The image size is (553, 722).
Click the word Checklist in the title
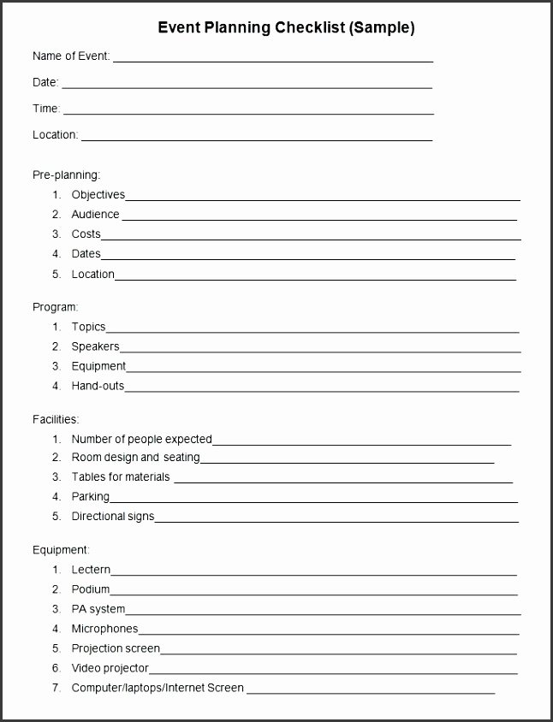tap(309, 28)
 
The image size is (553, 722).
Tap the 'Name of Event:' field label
tap(71, 56)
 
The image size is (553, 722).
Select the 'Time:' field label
tap(46, 109)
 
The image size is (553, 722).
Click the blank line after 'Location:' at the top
tap(257, 139)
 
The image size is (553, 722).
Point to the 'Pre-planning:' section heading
tap(66, 175)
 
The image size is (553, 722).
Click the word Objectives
tap(98, 195)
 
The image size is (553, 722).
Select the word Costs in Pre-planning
tap(86, 234)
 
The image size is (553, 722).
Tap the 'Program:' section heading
tap(55, 306)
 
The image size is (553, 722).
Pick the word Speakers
tap(95, 346)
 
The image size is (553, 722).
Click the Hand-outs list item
tap(98, 386)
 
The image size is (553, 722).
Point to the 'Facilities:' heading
tap(56, 419)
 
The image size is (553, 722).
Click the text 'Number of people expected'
tap(141, 440)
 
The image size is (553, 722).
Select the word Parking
tap(91, 496)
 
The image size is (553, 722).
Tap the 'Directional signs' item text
tap(112, 517)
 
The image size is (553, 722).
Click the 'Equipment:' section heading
tap(61, 550)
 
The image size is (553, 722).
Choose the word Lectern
tap(91, 570)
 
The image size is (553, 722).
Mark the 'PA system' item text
tap(98, 609)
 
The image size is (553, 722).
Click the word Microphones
tap(104, 629)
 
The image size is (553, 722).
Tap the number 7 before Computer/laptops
tap(56, 688)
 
